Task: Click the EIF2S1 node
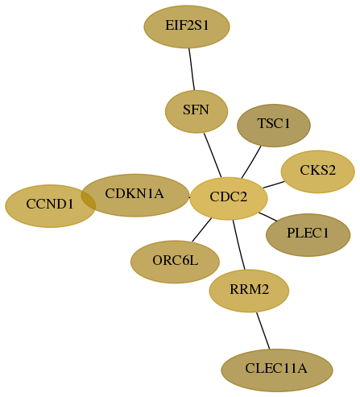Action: click(x=187, y=27)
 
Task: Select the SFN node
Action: click(x=197, y=112)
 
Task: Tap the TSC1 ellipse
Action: click(x=274, y=126)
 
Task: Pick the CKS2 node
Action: click(x=318, y=172)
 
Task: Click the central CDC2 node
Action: click(x=229, y=199)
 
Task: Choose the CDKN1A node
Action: click(x=135, y=196)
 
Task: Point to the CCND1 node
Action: click(x=51, y=206)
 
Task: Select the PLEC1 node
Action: click(x=308, y=235)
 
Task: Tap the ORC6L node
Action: click(x=175, y=262)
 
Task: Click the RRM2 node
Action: click(x=249, y=291)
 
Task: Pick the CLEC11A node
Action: click(x=277, y=370)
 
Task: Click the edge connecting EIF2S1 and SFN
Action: click(x=192, y=69)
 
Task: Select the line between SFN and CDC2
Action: click(x=213, y=155)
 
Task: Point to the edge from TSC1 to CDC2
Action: click(x=251, y=162)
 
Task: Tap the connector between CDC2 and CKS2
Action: click(x=274, y=184)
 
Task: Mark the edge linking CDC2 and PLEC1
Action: click(x=268, y=217)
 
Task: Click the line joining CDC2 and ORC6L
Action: click(x=202, y=230)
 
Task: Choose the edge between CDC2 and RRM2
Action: click(x=239, y=245)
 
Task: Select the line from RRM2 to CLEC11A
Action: click(x=263, y=331)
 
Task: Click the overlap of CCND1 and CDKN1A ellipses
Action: click(x=89, y=199)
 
